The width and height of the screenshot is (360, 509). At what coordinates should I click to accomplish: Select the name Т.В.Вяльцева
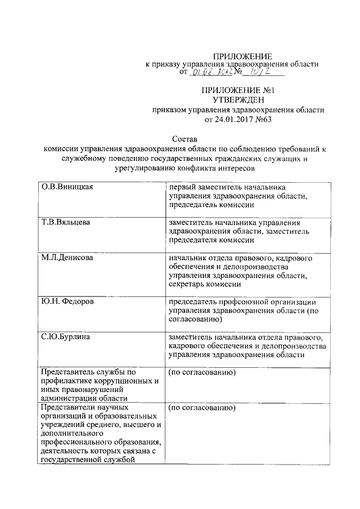click(x=65, y=222)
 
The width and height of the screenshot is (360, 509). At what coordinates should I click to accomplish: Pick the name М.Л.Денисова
click(x=67, y=258)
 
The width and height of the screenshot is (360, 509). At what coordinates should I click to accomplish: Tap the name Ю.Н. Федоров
click(x=67, y=301)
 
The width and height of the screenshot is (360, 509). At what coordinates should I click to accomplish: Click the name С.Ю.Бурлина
click(x=66, y=337)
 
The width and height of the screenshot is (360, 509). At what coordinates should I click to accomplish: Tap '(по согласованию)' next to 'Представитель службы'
click(x=201, y=372)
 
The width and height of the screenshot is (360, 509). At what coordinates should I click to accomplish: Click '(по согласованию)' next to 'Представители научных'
click(x=201, y=407)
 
